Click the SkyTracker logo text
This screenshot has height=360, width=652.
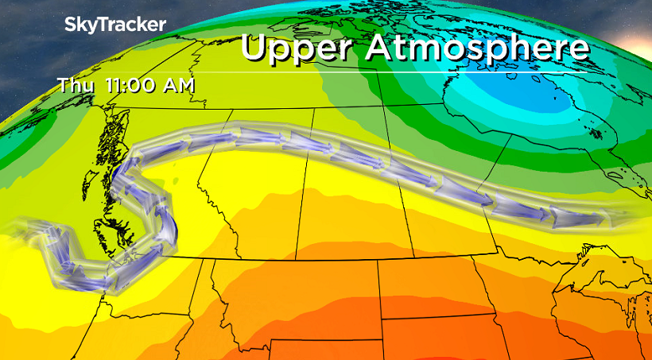(x=115, y=25)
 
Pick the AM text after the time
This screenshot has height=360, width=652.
(x=177, y=85)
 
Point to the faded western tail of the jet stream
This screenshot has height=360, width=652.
(x=16, y=228)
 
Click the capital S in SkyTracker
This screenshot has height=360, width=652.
(x=71, y=25)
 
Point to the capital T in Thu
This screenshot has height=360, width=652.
(x=64, y=85)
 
